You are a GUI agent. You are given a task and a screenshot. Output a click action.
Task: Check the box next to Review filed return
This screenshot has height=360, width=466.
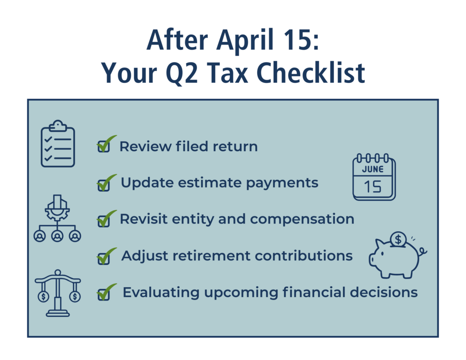tap(103, 147)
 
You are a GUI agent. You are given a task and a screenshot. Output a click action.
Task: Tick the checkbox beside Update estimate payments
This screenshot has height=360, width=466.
tap(103, 185)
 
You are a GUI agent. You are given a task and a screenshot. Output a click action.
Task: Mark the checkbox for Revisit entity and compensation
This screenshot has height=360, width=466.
tap(103, 222)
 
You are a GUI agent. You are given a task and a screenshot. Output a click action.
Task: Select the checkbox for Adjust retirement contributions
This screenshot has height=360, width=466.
tap(103, 258)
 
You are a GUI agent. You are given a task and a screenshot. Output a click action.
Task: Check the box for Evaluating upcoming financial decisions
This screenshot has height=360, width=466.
tap(103, 294)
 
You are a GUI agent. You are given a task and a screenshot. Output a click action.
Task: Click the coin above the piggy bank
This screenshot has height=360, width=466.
tap(399, 238)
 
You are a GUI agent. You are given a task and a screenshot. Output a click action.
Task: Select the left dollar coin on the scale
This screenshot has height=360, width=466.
tap(44, 296)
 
